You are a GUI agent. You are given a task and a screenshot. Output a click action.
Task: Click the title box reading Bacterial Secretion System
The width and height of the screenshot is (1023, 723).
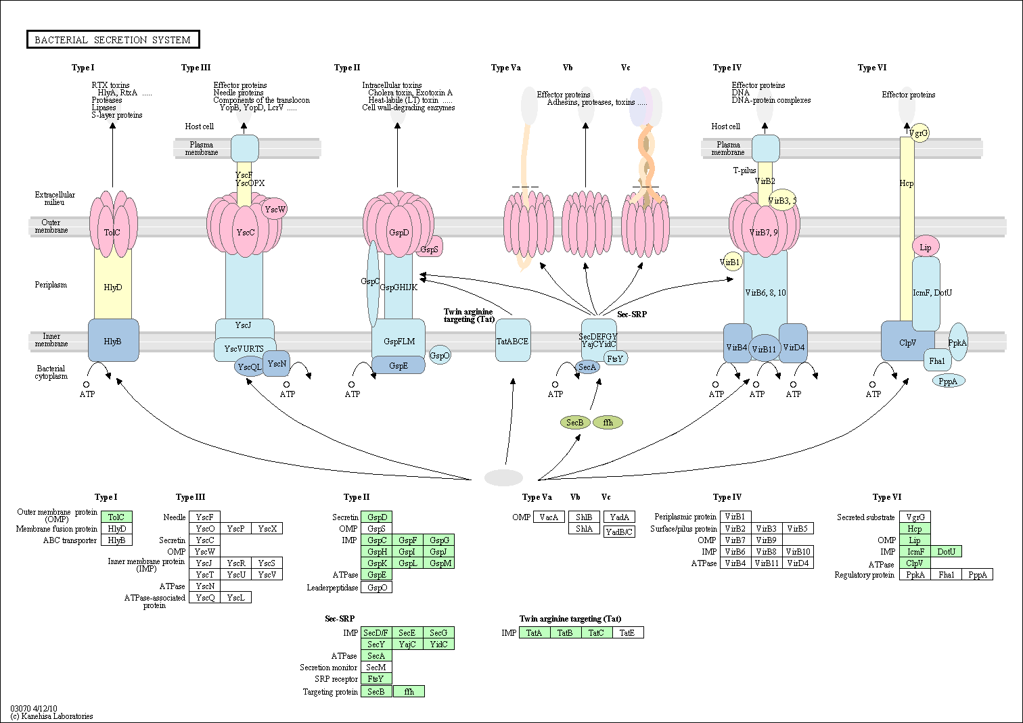click(x=113, y=39)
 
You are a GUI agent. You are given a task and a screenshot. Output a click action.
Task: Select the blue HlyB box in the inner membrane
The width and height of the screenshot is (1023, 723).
click(x=113, y=340)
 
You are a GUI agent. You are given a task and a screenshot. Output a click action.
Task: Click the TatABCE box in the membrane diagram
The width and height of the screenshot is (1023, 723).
click(x=513, y=340)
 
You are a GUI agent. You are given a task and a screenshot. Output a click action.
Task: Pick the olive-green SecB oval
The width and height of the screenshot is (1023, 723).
click(x=575, y=422)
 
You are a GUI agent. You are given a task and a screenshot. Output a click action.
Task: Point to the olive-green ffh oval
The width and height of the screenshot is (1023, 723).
click(x=608, y=422)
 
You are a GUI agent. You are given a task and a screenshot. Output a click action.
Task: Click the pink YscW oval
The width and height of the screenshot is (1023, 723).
click(x=275, y=209)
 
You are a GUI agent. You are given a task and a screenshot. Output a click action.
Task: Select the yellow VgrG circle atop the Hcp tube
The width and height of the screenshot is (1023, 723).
click(x=919, y=133)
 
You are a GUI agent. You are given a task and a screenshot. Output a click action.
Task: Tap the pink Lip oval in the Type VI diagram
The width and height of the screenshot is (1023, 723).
click(x=926, y=247)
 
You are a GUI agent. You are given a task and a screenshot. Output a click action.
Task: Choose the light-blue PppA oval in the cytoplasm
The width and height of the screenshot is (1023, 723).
click(x=949, y=381)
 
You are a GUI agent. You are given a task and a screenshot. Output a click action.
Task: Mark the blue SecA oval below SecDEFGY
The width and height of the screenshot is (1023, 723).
click(x=587, y=367)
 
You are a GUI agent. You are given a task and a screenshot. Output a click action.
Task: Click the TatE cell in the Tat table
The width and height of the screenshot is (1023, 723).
click(x=628, y=632)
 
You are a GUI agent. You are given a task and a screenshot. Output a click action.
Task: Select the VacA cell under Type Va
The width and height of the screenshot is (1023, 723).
click(x=549, y=517)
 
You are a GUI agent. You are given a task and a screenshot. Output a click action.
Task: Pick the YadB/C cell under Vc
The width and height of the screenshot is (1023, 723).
click(x=619, y=532)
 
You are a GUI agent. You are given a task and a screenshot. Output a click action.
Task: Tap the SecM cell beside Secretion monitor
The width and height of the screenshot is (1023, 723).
click(x=376, y=667)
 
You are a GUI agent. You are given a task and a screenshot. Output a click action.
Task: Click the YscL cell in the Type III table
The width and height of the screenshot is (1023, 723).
click(x=235, y=597)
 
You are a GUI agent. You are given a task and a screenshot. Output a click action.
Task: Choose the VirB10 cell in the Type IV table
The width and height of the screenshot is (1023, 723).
click(x=798, y=551)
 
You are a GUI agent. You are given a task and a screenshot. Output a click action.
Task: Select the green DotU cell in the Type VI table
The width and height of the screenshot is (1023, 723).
click(x=947, y=551)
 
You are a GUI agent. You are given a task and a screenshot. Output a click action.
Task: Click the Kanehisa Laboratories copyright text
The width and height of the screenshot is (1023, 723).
click(x=51, y=716)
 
